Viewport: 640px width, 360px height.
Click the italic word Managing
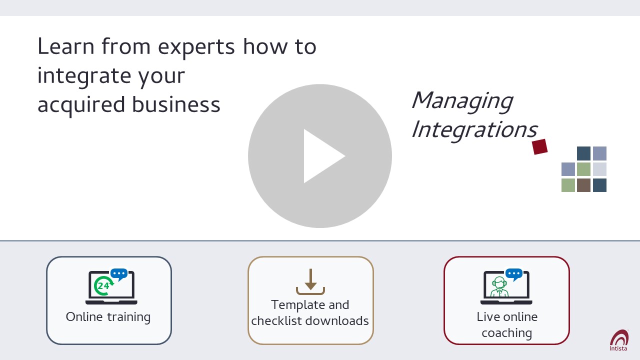462,101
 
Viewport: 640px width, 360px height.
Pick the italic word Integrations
474,130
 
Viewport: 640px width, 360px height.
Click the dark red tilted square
539,147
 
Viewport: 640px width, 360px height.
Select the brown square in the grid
583,185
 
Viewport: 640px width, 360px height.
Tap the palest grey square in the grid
599,169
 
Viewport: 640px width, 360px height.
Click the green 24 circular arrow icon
103,285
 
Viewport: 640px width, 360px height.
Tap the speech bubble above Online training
119,274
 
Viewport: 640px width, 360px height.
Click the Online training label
108,317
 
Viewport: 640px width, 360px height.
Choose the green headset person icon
499,287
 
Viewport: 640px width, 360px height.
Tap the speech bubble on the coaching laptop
514,274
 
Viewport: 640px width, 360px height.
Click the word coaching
507,333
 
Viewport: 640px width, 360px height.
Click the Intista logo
619,340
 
